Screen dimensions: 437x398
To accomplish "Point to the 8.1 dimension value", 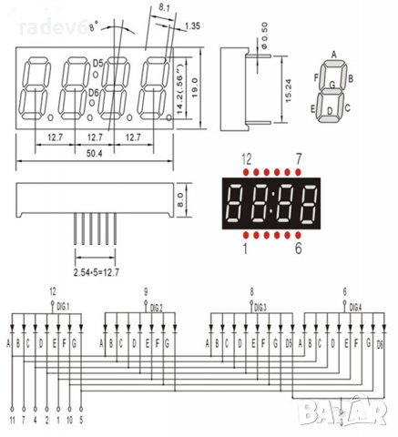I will pyautogui.click(x=164, y=7).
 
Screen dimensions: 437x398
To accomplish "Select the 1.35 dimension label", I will pyautogui.click(x=192, y=25).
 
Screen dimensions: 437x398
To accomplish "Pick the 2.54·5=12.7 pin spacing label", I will pyautogui.click(x=93, y=272).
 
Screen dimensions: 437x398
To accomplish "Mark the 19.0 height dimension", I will pyautogui.click(x=195, y=88).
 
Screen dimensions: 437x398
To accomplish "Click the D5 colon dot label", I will pyautogui.click(x=97, y=62).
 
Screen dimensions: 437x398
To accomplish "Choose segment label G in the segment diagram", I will pyautogui.click(x=333, y=85).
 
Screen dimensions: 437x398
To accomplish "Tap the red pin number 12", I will pyautogui.click(x=246, y=158).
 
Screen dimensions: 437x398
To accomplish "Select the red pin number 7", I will pyautogui.click(x=299, y=158).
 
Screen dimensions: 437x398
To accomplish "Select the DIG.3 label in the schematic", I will pyautogui.click(x=260, y=307).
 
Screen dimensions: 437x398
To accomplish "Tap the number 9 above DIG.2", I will pyautogui.click(x=146, y=292).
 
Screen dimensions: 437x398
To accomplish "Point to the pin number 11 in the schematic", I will pyautogui.click(x=10, y=422).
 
